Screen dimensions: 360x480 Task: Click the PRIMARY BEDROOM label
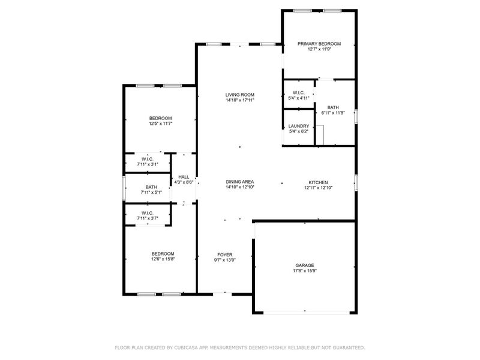[319, 44]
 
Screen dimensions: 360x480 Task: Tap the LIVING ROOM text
[240, 94]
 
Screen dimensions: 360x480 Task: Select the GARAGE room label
[305, 265]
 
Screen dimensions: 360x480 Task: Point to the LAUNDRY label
[299, 126]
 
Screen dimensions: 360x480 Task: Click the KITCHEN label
[318, 182]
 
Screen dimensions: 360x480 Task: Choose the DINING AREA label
[240, 182]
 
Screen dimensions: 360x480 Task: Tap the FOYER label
[225, 255]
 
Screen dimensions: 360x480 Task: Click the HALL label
[184, 177]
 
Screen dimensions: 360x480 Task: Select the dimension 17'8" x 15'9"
[305, 271]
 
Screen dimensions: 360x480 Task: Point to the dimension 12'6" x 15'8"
[163, 259]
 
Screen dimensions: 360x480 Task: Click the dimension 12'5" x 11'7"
[161, 124]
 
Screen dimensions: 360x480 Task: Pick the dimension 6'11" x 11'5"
[334, 113]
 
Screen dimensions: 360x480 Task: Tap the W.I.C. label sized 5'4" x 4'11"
[299, 92]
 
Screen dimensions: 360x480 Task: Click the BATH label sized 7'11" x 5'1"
[151, 187]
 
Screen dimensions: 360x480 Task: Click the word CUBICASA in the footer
[191, 347]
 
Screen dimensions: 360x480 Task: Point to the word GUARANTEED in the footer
[345, 347]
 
